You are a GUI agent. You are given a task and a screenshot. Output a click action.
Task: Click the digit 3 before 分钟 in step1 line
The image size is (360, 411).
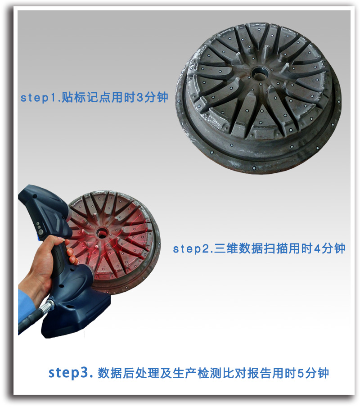click(139, 98)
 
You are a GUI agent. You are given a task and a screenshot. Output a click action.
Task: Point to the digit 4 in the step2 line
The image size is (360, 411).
click(317, 248)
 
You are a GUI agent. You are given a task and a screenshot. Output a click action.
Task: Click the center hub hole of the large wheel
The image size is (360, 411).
click(259, 72)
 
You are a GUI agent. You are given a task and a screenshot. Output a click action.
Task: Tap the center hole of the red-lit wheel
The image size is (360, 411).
click(102, 233)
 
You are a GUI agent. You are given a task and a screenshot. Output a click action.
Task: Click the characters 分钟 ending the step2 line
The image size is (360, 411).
click(334, 248)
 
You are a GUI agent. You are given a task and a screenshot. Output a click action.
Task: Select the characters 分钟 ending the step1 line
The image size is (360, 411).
click(156, 98)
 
